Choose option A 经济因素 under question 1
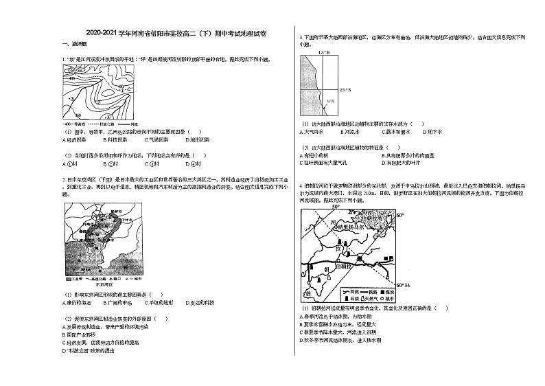pyautogui.click(x=75, y=139)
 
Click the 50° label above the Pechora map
pyautogui.click(x=336, y=206)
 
